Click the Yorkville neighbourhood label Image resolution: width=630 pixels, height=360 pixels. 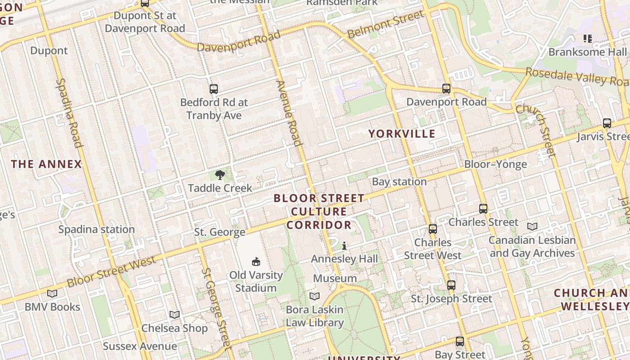point(402,134)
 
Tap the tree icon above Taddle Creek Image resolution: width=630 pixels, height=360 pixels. point(220,175)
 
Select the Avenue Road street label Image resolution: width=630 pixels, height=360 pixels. point(288,113)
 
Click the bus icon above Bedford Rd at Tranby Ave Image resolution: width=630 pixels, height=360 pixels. point(214,89)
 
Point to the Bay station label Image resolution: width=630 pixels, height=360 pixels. point(399,182)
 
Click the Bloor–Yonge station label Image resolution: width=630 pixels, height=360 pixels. point(495,164)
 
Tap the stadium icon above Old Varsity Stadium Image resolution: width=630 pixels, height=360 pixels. point(256,261)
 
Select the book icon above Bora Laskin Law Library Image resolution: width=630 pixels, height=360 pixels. point(315,296)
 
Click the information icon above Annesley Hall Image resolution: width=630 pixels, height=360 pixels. point(344,246)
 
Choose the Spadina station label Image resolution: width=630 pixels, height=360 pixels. point(96,229)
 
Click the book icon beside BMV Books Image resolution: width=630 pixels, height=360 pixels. point(52,293)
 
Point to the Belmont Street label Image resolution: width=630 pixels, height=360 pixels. point(386,25)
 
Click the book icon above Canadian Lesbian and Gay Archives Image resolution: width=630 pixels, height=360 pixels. point(532,226)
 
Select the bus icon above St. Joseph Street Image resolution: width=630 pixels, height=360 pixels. point(451,285)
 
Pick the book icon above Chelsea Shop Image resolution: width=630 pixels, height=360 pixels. point(175,315)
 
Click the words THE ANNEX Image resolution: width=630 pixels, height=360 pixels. point(46,164)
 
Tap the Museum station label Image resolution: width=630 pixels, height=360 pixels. point(335,279)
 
